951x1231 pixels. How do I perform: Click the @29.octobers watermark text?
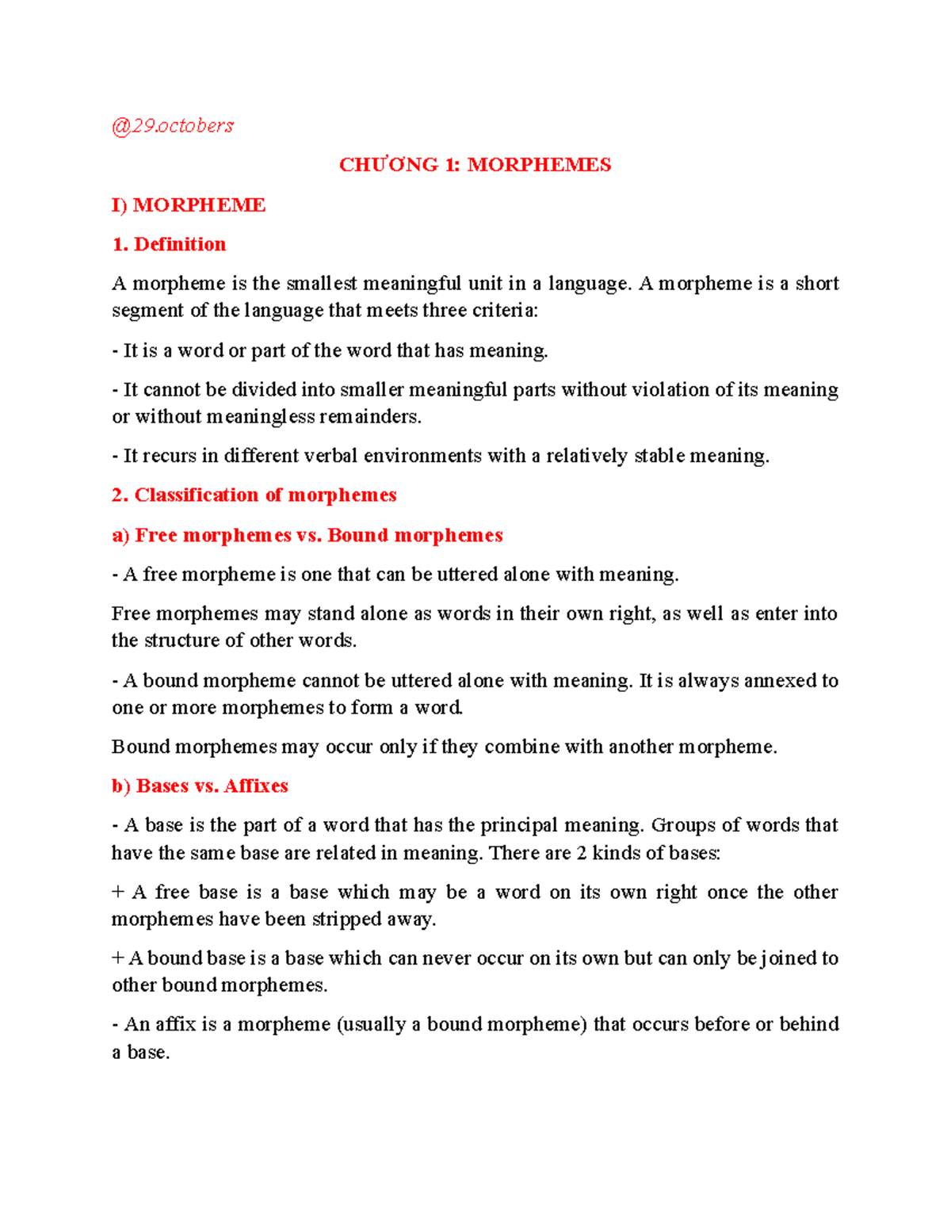(x=173, y=125)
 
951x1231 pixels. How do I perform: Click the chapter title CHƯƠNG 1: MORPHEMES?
(x=475, y=165)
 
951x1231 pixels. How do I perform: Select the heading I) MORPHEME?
(x=189, y=205)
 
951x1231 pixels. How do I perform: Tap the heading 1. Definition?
(x=169, y=244)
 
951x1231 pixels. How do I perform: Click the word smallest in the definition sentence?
(x=322, y=284)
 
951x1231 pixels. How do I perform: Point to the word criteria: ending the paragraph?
(x=505, y=311)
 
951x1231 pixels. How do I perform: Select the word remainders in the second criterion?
(x=370, y=417)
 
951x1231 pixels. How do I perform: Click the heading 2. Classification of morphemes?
(x=254, y=495)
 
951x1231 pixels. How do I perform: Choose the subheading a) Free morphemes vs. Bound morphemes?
(x=307, y=535)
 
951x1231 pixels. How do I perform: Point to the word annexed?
(x=780, y=681)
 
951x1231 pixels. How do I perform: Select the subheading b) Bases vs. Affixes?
(x=200, y=786)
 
